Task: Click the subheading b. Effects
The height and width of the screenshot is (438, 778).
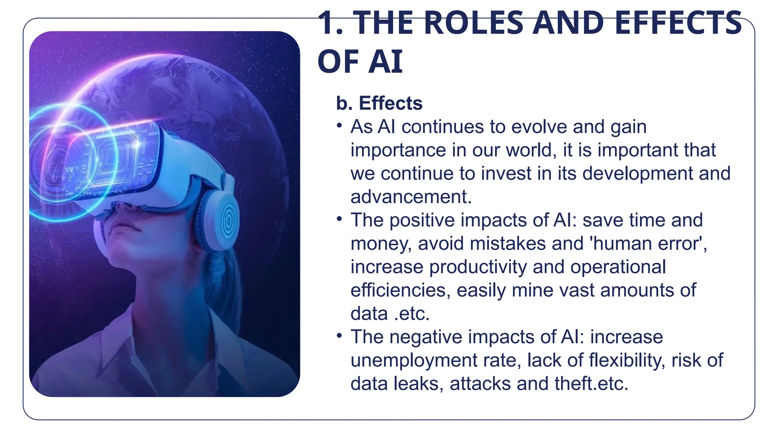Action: (x=379, y=103)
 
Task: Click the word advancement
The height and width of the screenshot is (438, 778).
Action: (x=411, y=197)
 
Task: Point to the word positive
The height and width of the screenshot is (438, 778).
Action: (x=422, y=220)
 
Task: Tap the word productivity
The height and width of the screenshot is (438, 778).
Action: (x=478, y=267)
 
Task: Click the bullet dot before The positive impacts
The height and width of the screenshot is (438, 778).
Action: (x=340, y=219)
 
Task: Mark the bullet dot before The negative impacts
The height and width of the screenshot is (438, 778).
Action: (x=340, y=335)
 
